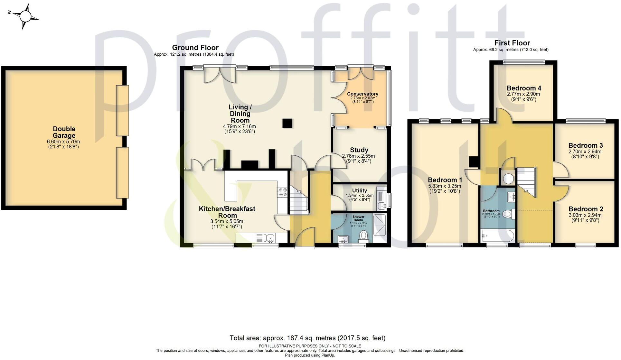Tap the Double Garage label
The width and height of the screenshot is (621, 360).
click(x=64, y=132)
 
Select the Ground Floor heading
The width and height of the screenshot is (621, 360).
click(x=195, y=48)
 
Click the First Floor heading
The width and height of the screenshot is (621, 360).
click(x=512, y=43)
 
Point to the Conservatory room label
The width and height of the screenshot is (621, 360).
click(x=362, y=94)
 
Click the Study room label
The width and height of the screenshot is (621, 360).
click(x=359, y=150)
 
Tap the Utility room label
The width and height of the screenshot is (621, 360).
click(x=359, y=190)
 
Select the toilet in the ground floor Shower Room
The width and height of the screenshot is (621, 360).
click(x=364, y=236)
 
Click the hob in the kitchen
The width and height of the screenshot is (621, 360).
click(x=283, y=192)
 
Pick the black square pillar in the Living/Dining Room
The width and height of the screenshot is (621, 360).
click(x=287, y=123)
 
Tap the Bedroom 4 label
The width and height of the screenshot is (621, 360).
click(x=524, y=88)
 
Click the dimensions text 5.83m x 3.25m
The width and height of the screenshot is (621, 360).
click(x=445, y=186)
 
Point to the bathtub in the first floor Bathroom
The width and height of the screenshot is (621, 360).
click(x=497, y=236)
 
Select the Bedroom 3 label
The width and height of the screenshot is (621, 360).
click(x=585, y=145)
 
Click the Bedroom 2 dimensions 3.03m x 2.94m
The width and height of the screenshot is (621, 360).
click(x=585, y=215)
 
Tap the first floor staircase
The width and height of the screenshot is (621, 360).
click(x=527, y=182)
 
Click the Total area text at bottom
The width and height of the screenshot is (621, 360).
click(x=307, y=338)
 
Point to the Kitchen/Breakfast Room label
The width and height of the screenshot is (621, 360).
click(x=227, y=212)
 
